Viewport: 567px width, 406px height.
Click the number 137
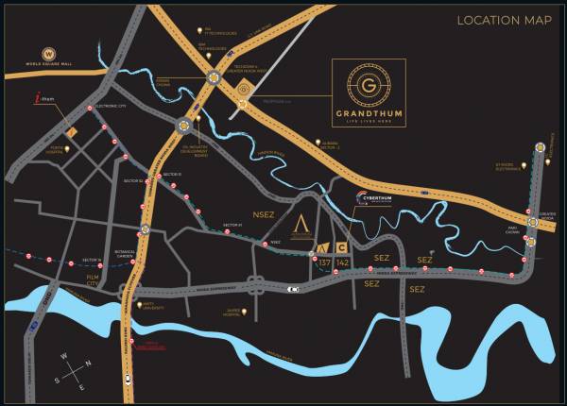click(326, 262)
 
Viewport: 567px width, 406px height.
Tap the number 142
click(343, 262)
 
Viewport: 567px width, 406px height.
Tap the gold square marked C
click(342, 247)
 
